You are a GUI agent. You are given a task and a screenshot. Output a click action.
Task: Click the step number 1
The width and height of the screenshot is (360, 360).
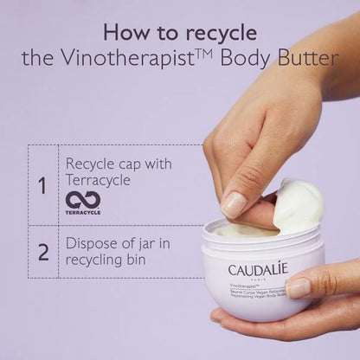pos(42,184)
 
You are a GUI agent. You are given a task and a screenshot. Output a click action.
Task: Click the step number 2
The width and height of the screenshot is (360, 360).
pos(42,254)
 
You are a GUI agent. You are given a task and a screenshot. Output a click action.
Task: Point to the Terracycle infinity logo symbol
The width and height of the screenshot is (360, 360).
pos(83,199)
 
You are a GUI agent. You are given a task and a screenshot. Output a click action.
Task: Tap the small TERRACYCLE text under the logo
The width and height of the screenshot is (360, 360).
pos(83,212)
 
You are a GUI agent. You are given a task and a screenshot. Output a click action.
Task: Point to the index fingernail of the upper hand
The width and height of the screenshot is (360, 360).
pos(234,204)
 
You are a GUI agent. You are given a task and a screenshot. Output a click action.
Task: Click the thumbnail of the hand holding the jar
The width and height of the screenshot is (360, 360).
pos(299,287)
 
